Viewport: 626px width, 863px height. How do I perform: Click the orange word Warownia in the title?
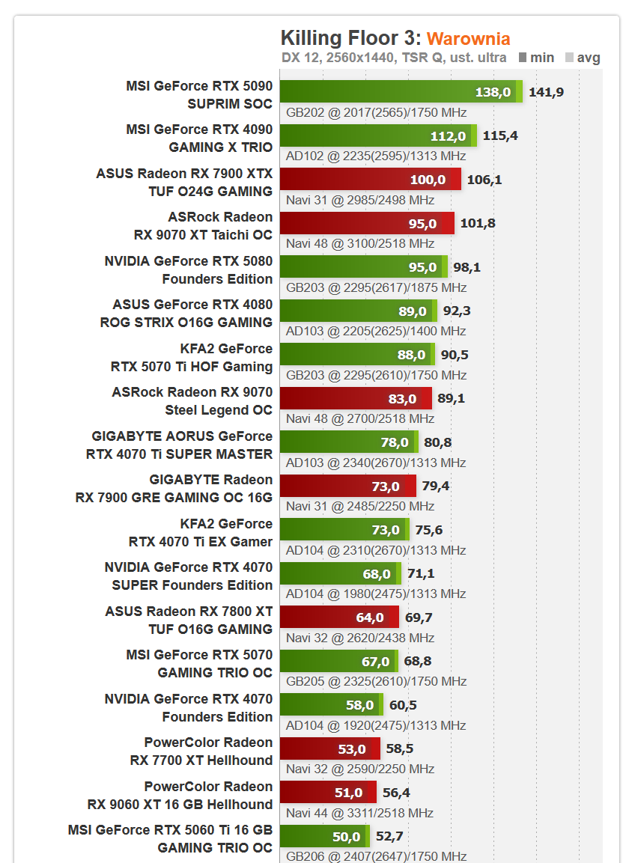point(468,39)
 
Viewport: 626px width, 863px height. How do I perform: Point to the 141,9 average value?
point(546,92)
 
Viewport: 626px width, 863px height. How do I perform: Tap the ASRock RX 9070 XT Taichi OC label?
point(202,225)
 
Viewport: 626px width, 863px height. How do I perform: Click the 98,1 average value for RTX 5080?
point(467,267)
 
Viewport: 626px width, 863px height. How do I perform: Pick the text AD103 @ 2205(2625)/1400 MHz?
point(376,331)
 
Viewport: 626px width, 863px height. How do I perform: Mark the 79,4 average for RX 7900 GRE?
point(435,487)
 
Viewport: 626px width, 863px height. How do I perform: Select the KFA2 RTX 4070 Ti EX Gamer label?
point(200,532)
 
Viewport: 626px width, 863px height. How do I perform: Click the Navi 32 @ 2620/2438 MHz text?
point(360,638)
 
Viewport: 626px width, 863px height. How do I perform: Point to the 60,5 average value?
point(403,705)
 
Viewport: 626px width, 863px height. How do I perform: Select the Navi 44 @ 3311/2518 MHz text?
point(360,813)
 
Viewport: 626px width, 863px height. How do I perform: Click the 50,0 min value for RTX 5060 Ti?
point(346,837)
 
